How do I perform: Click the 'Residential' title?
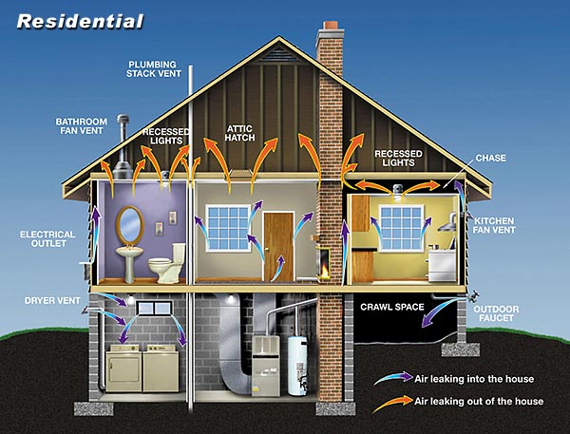81,22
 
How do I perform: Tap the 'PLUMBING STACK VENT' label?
153,69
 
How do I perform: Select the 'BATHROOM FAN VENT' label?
82,126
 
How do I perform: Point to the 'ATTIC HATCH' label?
239,133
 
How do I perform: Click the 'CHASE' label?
491,158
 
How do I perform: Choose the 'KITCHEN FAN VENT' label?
494,225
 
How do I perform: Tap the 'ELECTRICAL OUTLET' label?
47,238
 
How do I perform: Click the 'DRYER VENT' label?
52,301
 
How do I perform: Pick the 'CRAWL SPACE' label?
392,307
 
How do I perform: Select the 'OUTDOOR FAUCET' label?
496,313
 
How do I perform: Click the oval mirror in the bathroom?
130,225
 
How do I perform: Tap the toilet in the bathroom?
167,263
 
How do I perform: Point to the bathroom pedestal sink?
129,263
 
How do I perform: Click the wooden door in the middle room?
278,247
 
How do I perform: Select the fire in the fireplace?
323,271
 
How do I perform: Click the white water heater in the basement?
297,366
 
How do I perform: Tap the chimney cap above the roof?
331,26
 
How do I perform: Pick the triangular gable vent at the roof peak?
279,54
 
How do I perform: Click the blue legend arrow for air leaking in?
393,378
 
